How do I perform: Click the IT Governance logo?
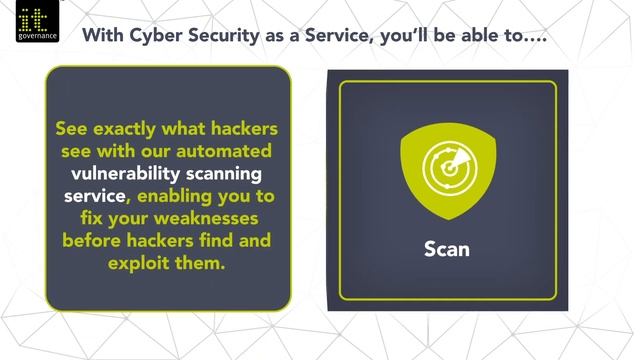coord(38,23)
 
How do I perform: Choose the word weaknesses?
coord(211,218)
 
